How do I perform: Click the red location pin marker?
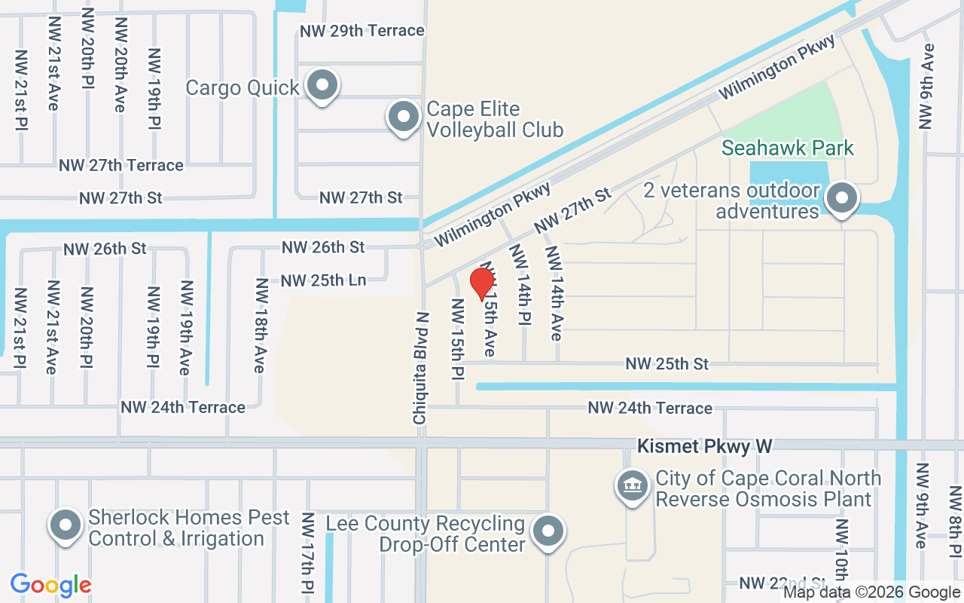(482, 283)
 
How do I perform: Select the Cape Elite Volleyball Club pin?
(403, 118)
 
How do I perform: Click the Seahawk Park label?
(789, 148)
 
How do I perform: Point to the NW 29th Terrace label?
(362, 31)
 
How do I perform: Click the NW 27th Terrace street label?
(121, 165)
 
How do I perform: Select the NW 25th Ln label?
(323, 281)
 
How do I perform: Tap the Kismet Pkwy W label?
(705, 446)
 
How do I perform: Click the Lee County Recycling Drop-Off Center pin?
(548, 531)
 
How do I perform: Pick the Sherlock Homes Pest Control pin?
(66, 525)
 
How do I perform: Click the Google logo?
(51, 585)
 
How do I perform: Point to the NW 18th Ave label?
(261, 326)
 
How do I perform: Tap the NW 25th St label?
(667, 364)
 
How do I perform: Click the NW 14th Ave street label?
(555, 293)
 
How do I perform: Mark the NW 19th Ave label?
(185, 328)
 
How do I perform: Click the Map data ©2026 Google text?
(871, 592)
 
